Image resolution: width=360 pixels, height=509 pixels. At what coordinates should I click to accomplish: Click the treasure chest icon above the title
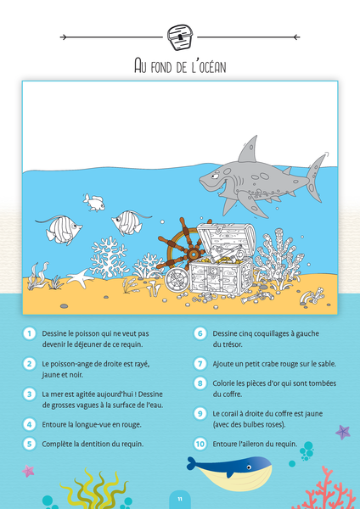pyautogui.click(x=180, y=37)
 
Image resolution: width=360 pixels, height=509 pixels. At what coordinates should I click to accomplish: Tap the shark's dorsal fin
pyautogui.click(x=248, y=149)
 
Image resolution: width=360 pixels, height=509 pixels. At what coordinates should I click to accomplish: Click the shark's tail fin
pyautogui.click(x=316, y=177)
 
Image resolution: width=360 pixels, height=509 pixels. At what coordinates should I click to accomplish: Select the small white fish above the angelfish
pyautogui.click(x=93, y=202)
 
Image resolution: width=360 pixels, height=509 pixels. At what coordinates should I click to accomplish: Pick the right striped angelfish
pyautogui.click(x=128, y=222)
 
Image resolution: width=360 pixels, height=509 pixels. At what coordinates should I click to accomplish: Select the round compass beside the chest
pyautogui.click(x=176, y=279)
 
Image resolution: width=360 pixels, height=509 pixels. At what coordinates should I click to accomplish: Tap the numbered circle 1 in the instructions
pyautogui.click(x=30, y=333)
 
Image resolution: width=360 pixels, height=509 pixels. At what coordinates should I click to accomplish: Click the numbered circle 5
pyautogui.click(x=30, y=444)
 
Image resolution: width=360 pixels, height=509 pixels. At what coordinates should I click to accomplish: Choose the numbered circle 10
pyautogui.click(x=200, y=444)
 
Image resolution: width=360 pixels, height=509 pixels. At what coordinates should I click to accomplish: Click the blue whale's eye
pyautogui.click(x=249, y=467)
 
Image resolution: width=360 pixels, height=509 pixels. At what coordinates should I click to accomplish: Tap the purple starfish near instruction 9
pyautogui.click(x=343, y=432)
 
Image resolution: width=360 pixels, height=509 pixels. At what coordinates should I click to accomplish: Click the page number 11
pyautogui.click(x=180, y=500)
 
